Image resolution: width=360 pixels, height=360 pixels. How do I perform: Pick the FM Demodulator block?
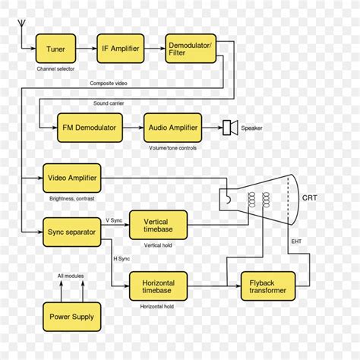[88, 128]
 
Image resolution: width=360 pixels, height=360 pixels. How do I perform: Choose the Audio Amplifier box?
[172, 128]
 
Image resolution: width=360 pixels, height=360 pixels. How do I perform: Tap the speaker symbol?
[230, 128]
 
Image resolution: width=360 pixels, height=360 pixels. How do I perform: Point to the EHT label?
[296, 242]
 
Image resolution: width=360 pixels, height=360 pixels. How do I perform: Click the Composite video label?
[109, 83]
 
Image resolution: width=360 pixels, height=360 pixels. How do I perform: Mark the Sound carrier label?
[109, 103]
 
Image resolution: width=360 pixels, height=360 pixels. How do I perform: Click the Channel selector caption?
[56, 69]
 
